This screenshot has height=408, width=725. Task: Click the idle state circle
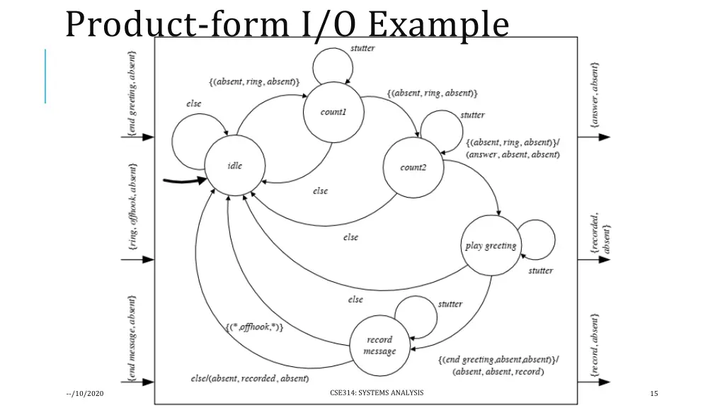[x=235, y=166]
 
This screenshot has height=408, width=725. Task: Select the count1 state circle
[x=333, y=112]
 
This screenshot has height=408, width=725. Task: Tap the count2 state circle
[x=413, y=168]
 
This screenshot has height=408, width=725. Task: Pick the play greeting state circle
[x=491, y=246]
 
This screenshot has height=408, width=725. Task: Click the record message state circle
[x=379, y=346]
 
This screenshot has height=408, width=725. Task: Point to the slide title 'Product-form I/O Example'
[x=287, y=25]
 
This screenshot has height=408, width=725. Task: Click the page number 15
[x=653, y=394]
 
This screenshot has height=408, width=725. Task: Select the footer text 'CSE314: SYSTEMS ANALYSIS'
[x=377, y=393]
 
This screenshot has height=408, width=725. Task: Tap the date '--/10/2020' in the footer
[x=84, y=394]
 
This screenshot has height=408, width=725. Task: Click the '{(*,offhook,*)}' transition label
[x=255, y=327]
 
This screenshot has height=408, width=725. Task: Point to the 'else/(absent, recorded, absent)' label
[x=249, y=378]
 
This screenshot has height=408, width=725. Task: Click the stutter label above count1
[x=362, y=48]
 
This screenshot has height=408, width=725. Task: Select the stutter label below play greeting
[x=540, y=271]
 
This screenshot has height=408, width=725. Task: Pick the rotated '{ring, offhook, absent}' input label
[x=133, y=206]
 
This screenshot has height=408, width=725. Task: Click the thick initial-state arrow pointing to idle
[x=185, y=181]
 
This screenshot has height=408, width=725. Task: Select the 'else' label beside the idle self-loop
[x=193, y=103]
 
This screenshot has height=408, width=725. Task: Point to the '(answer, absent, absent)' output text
[x=513, y=154]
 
